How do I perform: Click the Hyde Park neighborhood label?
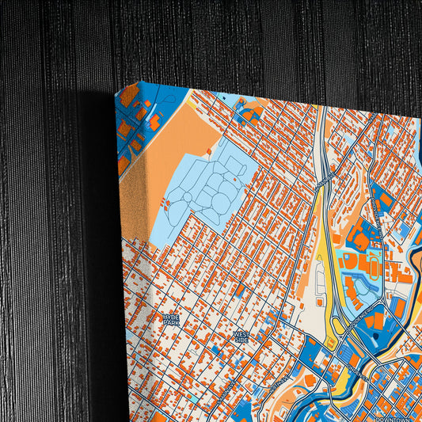[x=172, y=320]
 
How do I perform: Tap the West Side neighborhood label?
[x=241, y=337]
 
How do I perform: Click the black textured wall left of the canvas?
[x=48, y=238]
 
